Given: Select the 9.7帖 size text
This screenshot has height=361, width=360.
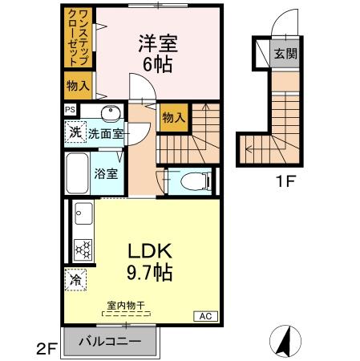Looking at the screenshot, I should coord(149,272).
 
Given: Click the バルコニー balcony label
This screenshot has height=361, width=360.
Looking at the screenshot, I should coord(110,342).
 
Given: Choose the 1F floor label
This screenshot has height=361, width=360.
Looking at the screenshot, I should coord(286,181).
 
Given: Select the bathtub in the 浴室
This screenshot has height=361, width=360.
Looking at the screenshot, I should coord(77,172).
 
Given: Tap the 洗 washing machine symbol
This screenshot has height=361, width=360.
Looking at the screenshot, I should coord(75,132).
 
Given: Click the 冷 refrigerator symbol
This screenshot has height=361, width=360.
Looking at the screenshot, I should coord(75,280).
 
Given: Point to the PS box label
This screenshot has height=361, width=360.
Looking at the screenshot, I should coord(71,110).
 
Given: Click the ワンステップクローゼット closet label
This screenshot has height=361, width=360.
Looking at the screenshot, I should coord(77,39).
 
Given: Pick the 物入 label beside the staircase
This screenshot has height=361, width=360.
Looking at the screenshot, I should coord(173,117).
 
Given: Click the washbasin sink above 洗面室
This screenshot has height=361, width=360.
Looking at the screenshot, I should coord(112,112).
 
